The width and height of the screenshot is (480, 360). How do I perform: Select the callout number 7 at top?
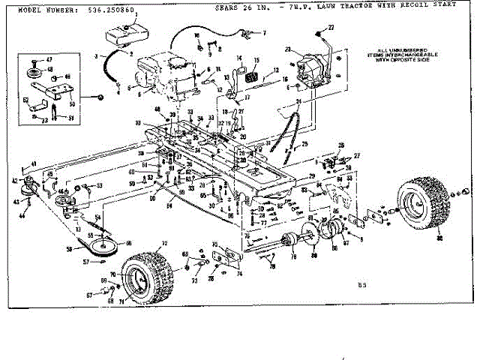point(263,34)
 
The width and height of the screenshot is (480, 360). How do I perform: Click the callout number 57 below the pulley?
point(85,262)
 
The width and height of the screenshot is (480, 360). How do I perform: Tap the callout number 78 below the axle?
point(273,266)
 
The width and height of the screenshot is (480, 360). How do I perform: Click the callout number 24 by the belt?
point(298,102)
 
